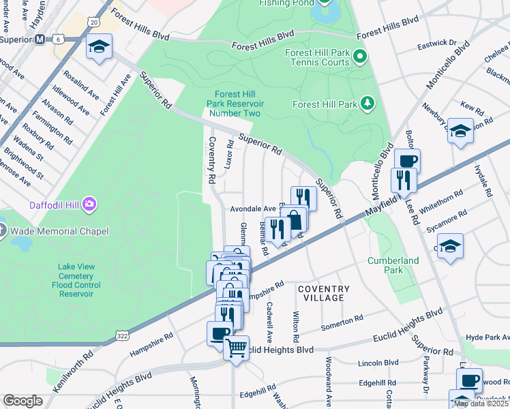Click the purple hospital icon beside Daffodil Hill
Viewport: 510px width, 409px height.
click(x=89, y=204)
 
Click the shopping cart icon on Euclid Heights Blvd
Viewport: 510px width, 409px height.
click(x=237, y=348)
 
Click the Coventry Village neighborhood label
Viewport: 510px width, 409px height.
click(x=324, y=294)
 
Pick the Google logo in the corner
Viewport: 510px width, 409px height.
click(x=22, y=401)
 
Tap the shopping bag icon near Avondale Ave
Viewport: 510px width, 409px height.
click(x=295, y=219)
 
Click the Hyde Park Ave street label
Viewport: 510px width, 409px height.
click(x=487, y=337)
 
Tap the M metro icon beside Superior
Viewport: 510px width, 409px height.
click(x=42, y=39)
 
